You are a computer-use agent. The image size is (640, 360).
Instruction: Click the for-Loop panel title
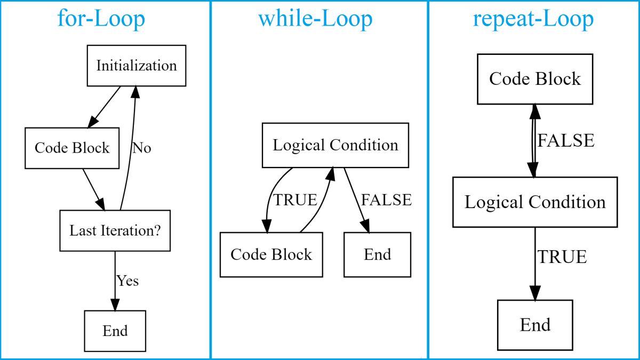point(101,19)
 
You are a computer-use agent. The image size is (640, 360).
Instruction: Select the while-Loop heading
point(315,19)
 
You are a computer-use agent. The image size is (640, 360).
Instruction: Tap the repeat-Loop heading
point(533,19)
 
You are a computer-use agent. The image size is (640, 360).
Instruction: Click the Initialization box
point(137,66)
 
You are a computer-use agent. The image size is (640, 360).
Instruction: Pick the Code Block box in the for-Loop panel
point(72,148)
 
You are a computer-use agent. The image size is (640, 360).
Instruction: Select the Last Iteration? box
point(115,230)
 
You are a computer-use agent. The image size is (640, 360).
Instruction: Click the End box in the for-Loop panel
point(115,331)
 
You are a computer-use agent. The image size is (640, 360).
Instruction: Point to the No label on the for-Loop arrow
point(142,148)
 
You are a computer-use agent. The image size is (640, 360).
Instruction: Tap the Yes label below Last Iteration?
point(128,281)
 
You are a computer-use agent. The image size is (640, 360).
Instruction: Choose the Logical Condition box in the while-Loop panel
point(335,146)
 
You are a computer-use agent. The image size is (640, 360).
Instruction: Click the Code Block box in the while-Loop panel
point(271,254)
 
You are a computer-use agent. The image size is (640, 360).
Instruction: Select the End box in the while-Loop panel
point(377,254)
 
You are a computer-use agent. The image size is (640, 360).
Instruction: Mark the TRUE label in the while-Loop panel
point(295,200)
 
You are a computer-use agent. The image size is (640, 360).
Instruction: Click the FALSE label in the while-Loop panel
point(387,200)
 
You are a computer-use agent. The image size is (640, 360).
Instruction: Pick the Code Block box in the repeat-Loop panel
point(535,79)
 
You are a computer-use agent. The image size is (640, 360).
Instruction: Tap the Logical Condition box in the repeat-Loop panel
point(535,202)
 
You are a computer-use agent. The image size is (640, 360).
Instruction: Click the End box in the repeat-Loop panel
point(535,325)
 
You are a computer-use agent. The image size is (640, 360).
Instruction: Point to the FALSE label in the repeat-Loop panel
point(565,141)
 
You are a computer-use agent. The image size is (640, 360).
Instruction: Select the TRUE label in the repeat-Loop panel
point(562,257)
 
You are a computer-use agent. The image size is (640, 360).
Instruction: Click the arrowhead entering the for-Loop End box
point(115,304)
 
